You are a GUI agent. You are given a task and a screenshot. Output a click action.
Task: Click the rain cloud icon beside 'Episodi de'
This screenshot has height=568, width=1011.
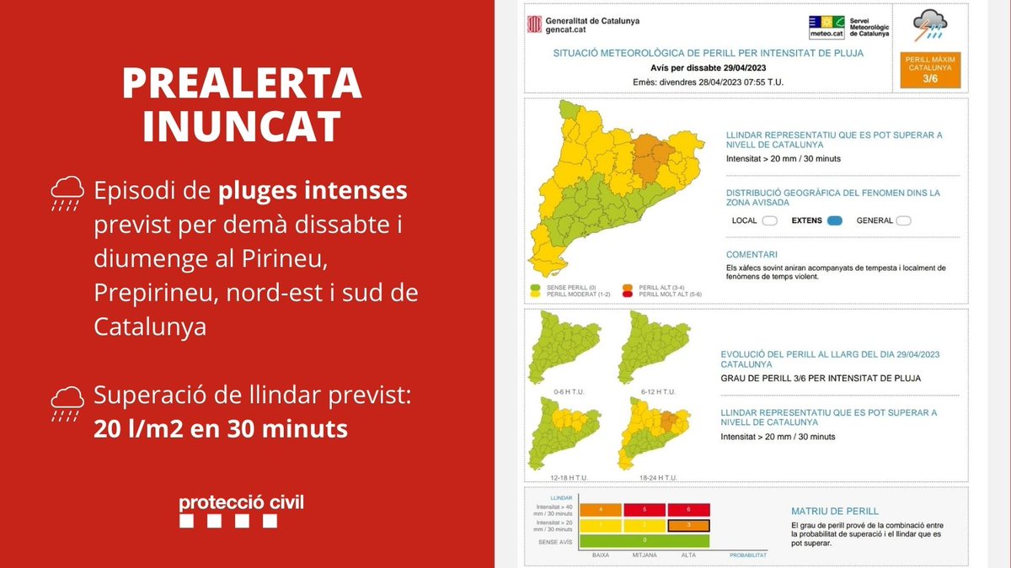[x=67, y=193]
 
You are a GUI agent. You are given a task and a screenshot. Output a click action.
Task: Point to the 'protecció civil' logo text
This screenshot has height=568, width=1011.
[x=241, y=503]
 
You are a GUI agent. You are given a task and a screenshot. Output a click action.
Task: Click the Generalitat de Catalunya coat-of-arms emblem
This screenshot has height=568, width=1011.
[x=534, y=24]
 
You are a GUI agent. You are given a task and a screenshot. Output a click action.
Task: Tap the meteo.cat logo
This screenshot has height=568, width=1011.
[x=826, y=27]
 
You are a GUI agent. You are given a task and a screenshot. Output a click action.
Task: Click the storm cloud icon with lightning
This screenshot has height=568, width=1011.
[x=930, y=25]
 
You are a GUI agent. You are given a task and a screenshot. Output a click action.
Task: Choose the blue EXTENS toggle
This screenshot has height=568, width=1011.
[x=834, y=221]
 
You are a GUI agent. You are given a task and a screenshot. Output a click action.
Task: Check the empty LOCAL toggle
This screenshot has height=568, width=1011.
[x=769, y=221]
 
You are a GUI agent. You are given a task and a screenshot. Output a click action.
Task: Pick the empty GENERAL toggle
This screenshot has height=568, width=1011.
[x=903, y=221]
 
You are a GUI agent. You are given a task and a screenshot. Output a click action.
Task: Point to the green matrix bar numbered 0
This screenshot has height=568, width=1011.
[x=645, y=540]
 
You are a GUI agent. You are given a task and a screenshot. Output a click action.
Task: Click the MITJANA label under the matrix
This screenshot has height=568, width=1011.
[x=645, y=555]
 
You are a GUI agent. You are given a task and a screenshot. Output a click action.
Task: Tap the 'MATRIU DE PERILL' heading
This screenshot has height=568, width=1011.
[x=835, y=511]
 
